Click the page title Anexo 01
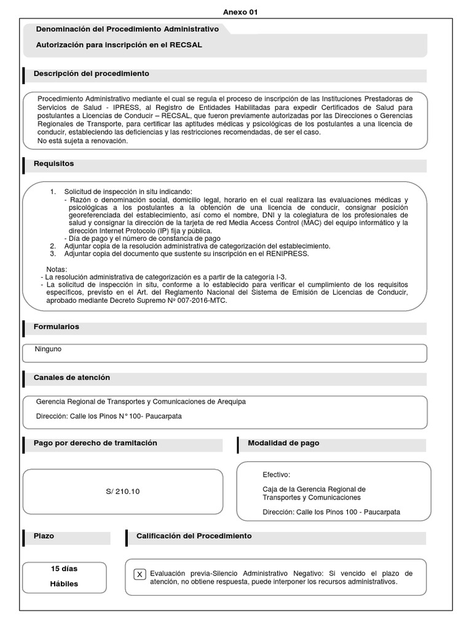[x=236, y=12]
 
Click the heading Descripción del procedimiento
[x=91, y=74]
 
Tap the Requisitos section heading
[x=53, y=164]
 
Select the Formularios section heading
[x=56, y=327]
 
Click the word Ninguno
[x=48, y=350]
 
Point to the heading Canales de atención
[x=71, y=377]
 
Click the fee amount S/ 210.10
[x=123, y=491]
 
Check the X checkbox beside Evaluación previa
[x=140, y=574]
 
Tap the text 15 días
[x=64, y=568]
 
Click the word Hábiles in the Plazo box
[x=64, y=584]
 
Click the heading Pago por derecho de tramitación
[x=95, y=443]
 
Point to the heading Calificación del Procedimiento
[x=194, y=536]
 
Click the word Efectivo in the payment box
[x=276, y=475]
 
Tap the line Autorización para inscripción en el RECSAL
[x=119, y=45]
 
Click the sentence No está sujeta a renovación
[x=82, y=141]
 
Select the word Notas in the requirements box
[x=57, y=270]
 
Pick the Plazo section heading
[x=44, y=536]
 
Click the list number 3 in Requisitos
[x=53, y=253]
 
